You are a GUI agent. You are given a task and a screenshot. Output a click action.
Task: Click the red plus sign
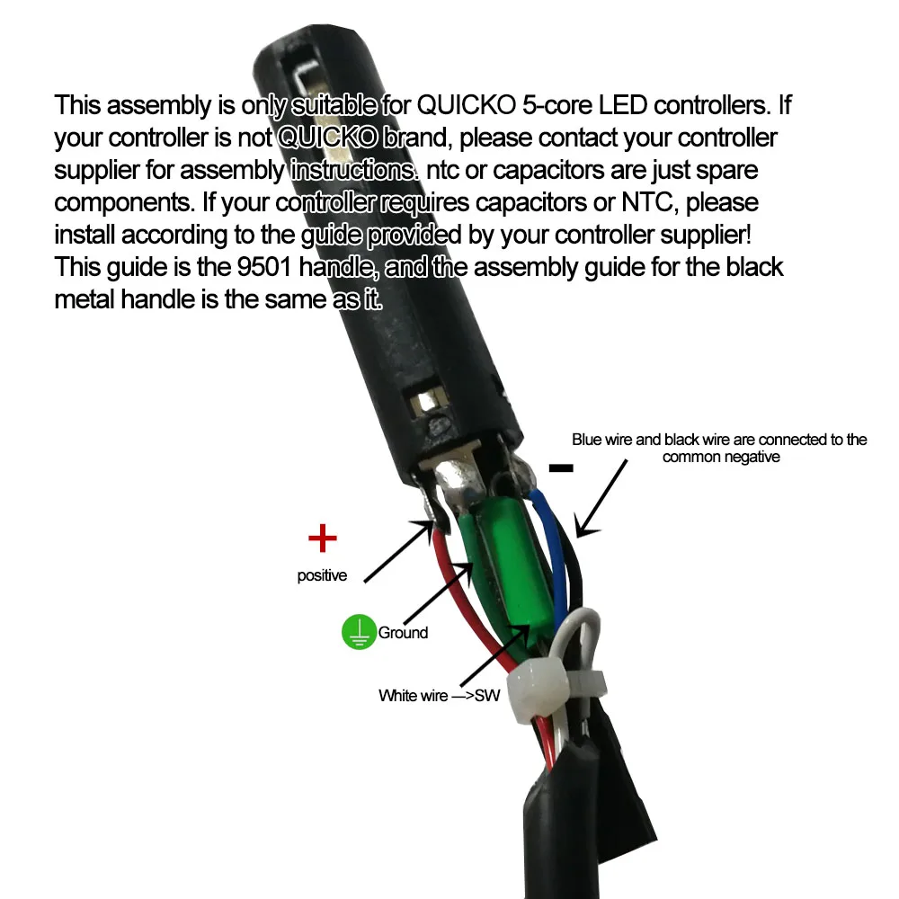click(322, 539)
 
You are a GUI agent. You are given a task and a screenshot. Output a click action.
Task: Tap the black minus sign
click(561, 467)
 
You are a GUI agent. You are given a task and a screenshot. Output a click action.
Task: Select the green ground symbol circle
click(358, 633)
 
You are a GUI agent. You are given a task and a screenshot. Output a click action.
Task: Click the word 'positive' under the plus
click(322, 576)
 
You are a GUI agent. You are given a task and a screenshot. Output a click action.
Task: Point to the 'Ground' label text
click(403, 633)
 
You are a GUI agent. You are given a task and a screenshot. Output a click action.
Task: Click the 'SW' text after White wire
click(485, 695)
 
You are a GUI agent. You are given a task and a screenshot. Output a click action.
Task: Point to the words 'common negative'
click(720, 457)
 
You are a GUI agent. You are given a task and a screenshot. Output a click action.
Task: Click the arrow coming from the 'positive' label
click(400, 552)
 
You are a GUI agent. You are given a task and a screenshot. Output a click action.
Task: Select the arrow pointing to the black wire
click(601, 494)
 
